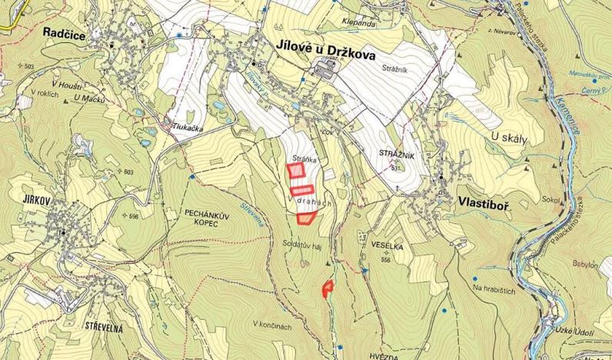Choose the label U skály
pyautogui.click(x=507, y=138)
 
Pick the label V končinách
pyautogui.click(x=272, y=324)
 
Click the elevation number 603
pyautogui.click(x=128, y=172)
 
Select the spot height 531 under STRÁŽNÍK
pyautogui.click(x=396, y=168)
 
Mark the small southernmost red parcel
pyautogui.click(x=328, y=288)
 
